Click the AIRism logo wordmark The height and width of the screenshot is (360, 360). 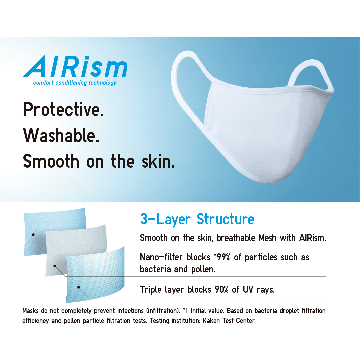[75, 67]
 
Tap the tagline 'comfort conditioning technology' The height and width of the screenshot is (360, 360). [75, 82]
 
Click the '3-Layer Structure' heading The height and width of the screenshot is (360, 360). [197, 219]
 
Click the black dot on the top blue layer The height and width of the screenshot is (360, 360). [33, 234]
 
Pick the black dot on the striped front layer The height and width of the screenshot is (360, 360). [78, 287]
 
